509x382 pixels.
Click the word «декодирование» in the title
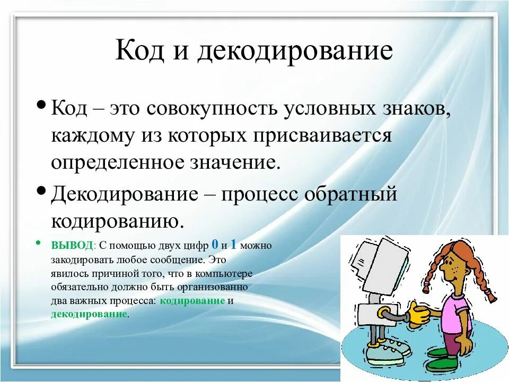click(x=295, y=51)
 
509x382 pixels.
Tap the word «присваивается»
click(x=322, y=135)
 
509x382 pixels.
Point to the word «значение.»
click(x=234, y=162)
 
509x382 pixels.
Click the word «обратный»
click(x=351, y=195)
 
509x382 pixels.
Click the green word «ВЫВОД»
click(x=72, y=245)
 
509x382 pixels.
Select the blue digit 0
click(x=215, y=244)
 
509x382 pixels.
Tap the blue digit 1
click(x=233, y=244)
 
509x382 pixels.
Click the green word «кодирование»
click(x=192, y=301)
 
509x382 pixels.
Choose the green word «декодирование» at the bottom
click(x=89, y=314)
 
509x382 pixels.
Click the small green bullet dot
click(x=39, y=242)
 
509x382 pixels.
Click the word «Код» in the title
click(x=139, y=50)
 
